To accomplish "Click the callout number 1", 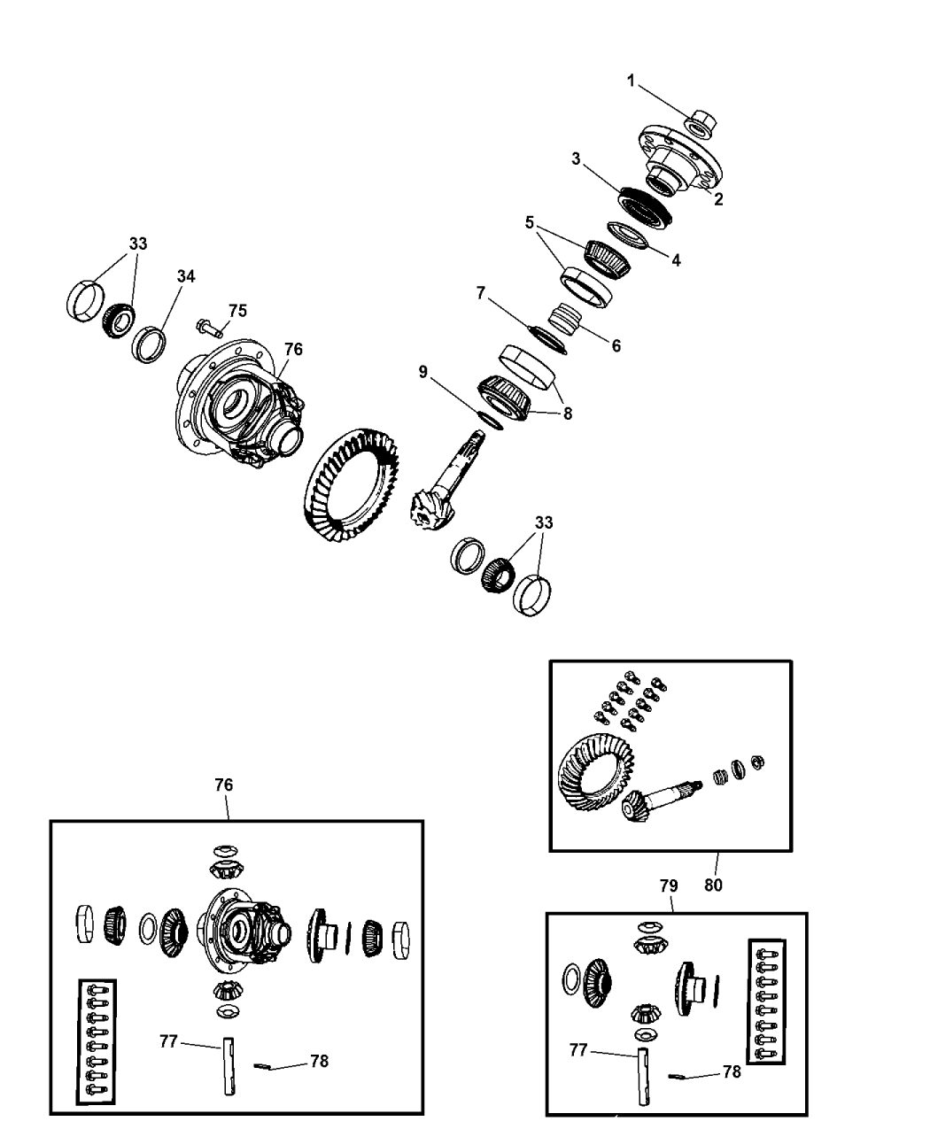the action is coord(631,81).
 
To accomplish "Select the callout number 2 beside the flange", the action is coord(718,199).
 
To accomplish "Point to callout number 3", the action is coord(577,159).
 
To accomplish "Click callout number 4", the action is coord(676,260).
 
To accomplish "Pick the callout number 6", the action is coord(616,345).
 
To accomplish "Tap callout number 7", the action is coord(480,293).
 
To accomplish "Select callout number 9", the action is coord(422,372).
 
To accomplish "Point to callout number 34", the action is coord(186,276).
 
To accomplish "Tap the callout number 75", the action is coord(237,311).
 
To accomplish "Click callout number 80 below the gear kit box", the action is coord(713,885).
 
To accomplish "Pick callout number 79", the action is coord(669,885).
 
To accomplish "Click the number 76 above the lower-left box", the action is coord(223,785).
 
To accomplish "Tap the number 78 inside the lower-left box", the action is coord(319,1062).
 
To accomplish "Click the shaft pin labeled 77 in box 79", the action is coord(643,1076).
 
